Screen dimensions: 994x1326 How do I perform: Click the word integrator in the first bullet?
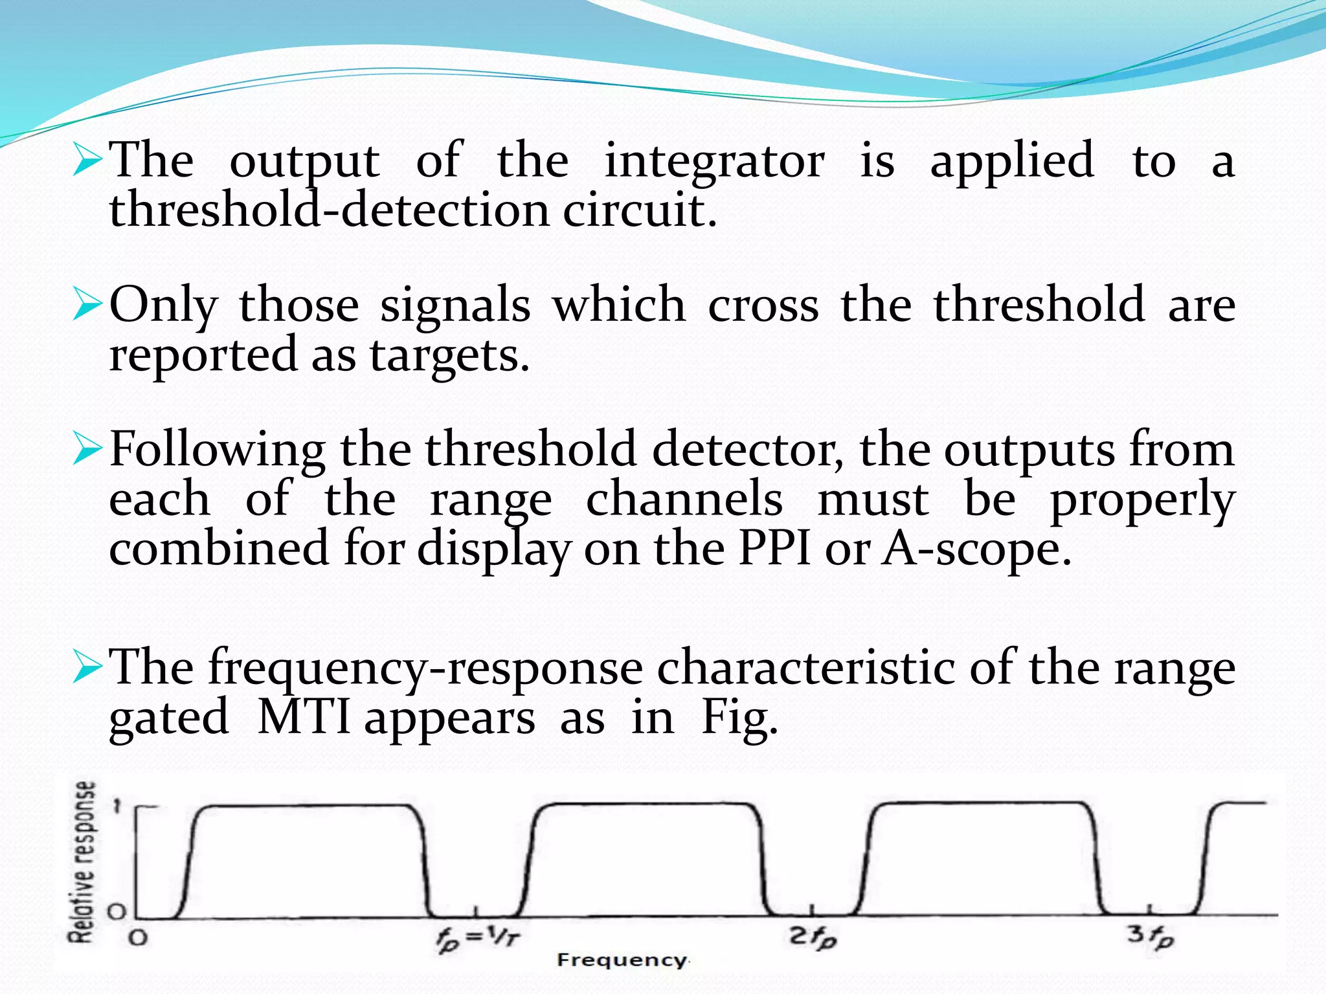coord(714,160)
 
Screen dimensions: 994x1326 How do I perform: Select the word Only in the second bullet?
coord(163,305)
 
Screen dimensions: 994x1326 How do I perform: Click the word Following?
coord(218,449)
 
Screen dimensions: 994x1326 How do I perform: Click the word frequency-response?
coord(425,668)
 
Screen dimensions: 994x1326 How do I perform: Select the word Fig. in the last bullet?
coord(739,718)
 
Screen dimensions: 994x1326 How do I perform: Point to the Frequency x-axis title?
coord(622,960)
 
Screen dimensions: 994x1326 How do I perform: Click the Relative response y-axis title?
coord(83,861)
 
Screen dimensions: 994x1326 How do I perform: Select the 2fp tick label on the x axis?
coord(813,936)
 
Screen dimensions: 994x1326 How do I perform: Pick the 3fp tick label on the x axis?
coord(1151,936)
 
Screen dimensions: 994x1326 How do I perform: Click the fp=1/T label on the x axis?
coord(478,938)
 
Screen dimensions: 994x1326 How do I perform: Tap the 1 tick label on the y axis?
coord(117,806)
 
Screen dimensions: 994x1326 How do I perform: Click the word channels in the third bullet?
coord(684,500)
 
